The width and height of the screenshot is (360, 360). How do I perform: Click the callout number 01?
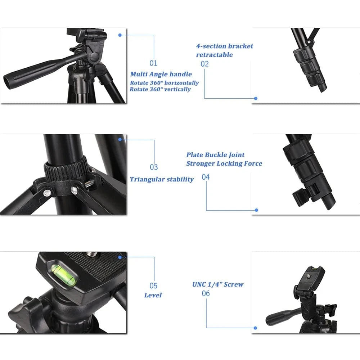(154, 63)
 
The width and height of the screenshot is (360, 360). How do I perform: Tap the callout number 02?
(204, 64)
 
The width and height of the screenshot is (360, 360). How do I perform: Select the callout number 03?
(154, 167)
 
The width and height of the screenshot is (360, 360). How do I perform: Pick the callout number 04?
(206, 177)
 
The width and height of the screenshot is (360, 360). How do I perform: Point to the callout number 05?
(154, 286)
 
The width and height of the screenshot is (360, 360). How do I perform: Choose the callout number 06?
(206, 294)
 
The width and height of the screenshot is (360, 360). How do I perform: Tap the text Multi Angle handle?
(161, 74)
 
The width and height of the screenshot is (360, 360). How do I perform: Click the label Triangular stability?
(162, 179)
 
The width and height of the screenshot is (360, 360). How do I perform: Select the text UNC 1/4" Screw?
(218, 284)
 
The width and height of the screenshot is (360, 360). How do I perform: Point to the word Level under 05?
(153, 295)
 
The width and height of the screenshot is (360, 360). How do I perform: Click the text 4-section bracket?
(225, 46)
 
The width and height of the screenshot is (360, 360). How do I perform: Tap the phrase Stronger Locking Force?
(224, 163)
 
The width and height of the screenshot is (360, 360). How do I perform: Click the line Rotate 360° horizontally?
(165, 83)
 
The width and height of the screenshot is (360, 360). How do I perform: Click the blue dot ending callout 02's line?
(256, 98)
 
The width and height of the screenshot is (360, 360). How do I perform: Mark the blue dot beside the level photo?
(120, 257)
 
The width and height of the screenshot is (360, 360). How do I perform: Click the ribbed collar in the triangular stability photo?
(67, 169)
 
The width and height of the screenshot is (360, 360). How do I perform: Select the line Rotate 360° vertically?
(161, 89)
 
